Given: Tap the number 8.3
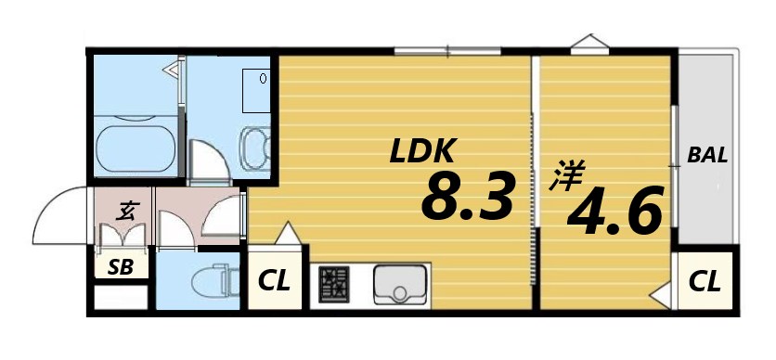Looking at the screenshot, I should pyautogui.click(x=468, y=197).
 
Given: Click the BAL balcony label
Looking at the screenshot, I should pyautogui.click(x=707, y=155).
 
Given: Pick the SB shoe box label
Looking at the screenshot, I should pyautogui.click(x=121, y=268).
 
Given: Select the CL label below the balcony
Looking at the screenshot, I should pyautogui.click(x=705, y=281).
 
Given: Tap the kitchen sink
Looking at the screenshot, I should pyautogui.click(x=400, y=285).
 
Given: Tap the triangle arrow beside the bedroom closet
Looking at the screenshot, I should pyautogui.click(x=662, y=297).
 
